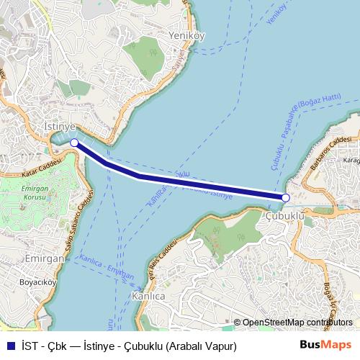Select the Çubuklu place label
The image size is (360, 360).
tap(285, 215)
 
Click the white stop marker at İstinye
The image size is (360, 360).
tap(75, 143)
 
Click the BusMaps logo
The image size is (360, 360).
tap(330, 346)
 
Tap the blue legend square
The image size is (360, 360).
tap(9, 346)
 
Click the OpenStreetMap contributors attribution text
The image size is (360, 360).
tap(297, 323)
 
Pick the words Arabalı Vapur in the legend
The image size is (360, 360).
tap(202, 346)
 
